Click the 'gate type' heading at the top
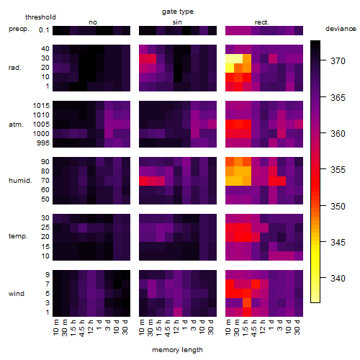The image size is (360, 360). (178, 12)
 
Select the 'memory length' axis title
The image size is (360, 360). (177, 350)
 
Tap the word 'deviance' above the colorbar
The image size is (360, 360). (341, 29)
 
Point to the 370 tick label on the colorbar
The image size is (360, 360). (338, 60)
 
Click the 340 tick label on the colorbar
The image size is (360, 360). (338, 279)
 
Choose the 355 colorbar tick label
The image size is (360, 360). (338, 170)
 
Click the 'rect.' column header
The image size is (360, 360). (262, 22)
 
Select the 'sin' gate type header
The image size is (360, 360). (177, 22)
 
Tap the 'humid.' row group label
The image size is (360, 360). (20, 181)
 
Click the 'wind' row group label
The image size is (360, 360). (17, 294)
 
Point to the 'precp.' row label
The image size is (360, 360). (19, 29)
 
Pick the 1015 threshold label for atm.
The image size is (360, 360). (41, 105)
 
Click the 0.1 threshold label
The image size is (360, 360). (44, 30)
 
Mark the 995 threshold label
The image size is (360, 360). (43, 143)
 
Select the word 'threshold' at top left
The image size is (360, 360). (40, 17)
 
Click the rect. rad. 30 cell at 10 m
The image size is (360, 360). (230, 58)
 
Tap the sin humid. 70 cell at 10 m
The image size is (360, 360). (143, 181)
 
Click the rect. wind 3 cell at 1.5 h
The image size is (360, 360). (247, 303)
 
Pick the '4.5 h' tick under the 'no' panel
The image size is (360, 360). (82, 328)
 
